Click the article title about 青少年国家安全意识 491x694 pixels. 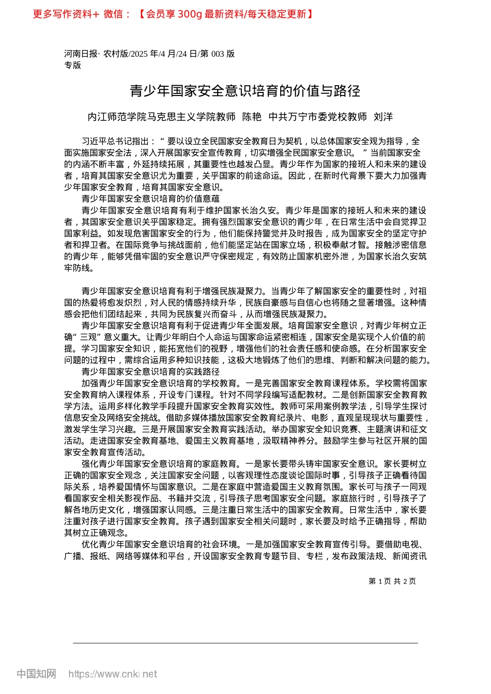point(245,91)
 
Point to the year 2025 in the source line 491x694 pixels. point(140,54)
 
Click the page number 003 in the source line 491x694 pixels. point(218,54)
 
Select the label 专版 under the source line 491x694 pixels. point(73,65)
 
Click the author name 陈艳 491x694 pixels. point(252,117)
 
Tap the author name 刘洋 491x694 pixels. point(383,117)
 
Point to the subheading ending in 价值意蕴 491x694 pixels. point(150,199)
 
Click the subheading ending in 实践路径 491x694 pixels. point(150,372)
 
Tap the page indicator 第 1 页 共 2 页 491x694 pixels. point(392,581)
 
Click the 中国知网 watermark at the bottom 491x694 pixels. point(36,674)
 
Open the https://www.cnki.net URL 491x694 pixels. point(113,674)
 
